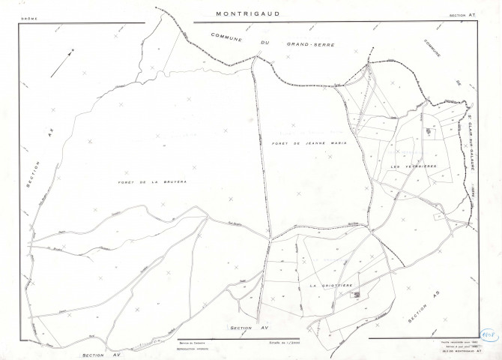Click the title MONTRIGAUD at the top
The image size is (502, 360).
(251, 13)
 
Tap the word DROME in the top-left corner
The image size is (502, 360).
(31, 14)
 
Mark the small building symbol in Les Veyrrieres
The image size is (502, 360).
(429, 132)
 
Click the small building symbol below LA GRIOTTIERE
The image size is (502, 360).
(357, 295)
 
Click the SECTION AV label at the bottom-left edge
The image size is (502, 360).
(101, 355)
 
